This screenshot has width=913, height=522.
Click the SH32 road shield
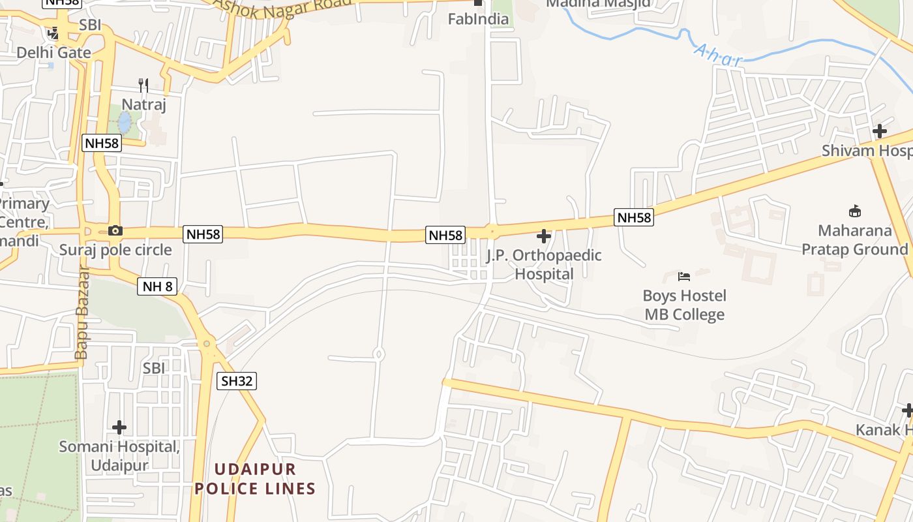tap(237, 381)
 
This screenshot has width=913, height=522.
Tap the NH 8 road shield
tap(157, 286)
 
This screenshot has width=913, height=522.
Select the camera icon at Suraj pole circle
tap(115, 230)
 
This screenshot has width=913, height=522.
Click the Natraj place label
tap(144, 104)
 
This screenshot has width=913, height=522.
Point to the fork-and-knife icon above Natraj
tap(143, 85)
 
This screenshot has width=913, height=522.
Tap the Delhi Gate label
tap(53, 52)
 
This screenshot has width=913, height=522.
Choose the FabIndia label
tap(478, 19)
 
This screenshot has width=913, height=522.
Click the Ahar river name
tap(717, 55)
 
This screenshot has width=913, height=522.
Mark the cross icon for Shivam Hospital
tap(880, 131)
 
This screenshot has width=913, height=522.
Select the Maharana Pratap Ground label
tap(854, 240)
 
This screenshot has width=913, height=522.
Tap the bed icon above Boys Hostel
tap(684, 277)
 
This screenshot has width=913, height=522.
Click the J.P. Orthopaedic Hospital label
tap(544, 264)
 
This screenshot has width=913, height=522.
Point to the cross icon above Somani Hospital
tap(119, 427)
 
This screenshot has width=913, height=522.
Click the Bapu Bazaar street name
tap(82, 313)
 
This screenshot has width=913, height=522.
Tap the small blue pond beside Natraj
tap(124, 122)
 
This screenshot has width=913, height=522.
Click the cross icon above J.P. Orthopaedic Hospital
tap(543, 236)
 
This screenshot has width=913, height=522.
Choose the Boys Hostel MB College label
tap(684, 305)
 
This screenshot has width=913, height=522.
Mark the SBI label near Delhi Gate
tap(90, 25)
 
